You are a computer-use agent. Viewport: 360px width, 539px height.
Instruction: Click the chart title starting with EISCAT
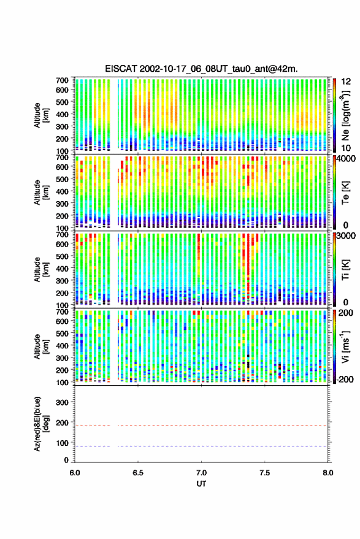click(x=201, y=69)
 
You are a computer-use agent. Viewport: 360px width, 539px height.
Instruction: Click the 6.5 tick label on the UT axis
click(x=138, y=473)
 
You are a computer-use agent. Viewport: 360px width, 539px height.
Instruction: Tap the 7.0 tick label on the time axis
click(x=201, y=473)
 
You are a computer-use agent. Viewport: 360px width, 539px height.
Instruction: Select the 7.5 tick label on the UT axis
click(x=264, y=473)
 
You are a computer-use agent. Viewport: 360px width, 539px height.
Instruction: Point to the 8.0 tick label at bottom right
click(x=327, y=473)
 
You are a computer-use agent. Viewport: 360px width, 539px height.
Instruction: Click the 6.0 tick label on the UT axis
click(x=75, y=473)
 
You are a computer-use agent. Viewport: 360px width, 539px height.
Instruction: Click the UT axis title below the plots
click(x=201, y=484)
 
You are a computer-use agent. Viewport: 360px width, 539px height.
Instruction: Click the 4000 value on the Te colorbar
click(x=347, y=159)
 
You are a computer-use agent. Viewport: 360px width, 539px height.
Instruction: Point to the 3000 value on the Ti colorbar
click(x=347, y=236)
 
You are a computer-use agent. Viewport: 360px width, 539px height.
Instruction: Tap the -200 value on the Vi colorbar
click(x=345, y=379)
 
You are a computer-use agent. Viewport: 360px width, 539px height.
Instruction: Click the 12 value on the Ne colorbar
click(x=347, y=82)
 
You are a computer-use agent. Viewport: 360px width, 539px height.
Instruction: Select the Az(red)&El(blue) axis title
click(x=41, y=424)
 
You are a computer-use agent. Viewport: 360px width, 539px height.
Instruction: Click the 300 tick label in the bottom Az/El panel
click(x=62, y=402)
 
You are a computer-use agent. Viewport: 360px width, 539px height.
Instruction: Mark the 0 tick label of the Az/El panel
click(x=66, y=460)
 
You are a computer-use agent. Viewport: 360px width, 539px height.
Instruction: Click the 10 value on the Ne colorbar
click(x=346, y=148)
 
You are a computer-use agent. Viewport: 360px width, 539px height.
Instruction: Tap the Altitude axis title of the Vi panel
click(x=41, y=346)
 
